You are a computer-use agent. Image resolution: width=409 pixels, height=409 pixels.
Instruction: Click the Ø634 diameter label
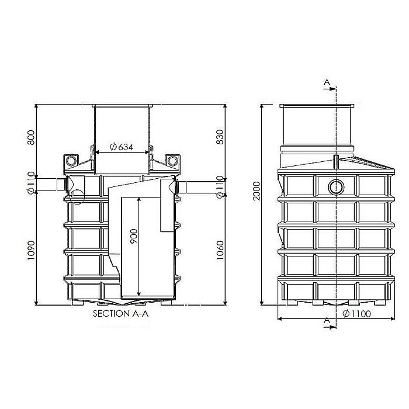[x=122, y=147]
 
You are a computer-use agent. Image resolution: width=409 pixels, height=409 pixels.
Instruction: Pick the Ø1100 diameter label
[x=357, y=314]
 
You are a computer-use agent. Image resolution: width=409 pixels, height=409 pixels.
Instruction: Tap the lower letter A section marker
[x=326, y=321]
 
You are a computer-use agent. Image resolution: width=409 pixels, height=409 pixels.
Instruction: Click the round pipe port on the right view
[x=336, y=187]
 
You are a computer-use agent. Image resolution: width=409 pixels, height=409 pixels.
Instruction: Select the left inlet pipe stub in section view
[x=60, y=185]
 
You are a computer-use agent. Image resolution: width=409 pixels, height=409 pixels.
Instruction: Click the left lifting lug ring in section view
[x=71, y=160]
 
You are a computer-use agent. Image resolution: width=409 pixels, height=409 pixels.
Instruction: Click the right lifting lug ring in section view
[x=171, y=160]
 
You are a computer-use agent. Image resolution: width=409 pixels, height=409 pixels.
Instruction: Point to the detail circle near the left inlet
[x=76, y=196]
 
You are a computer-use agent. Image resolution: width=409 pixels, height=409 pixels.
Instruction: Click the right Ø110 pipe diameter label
[x=219, y=186]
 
